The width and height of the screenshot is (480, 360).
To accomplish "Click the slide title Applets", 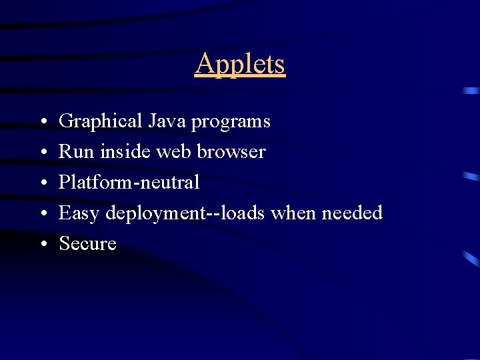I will [x=240, y=65].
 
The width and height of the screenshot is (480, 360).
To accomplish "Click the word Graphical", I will [x=101, y=122].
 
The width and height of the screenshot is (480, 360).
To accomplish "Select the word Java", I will [x=167, y=121].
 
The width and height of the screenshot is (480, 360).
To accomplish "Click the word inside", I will [x=126, y=152].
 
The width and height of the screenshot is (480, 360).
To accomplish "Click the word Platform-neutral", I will [x=129, y=182].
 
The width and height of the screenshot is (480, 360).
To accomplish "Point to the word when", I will [x=293, y=213].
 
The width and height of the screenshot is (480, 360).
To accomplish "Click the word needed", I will [x=352, y=213].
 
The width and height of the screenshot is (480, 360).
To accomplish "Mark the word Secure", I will [x=87, y=244].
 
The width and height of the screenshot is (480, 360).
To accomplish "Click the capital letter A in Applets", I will [x=203, y=64].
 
